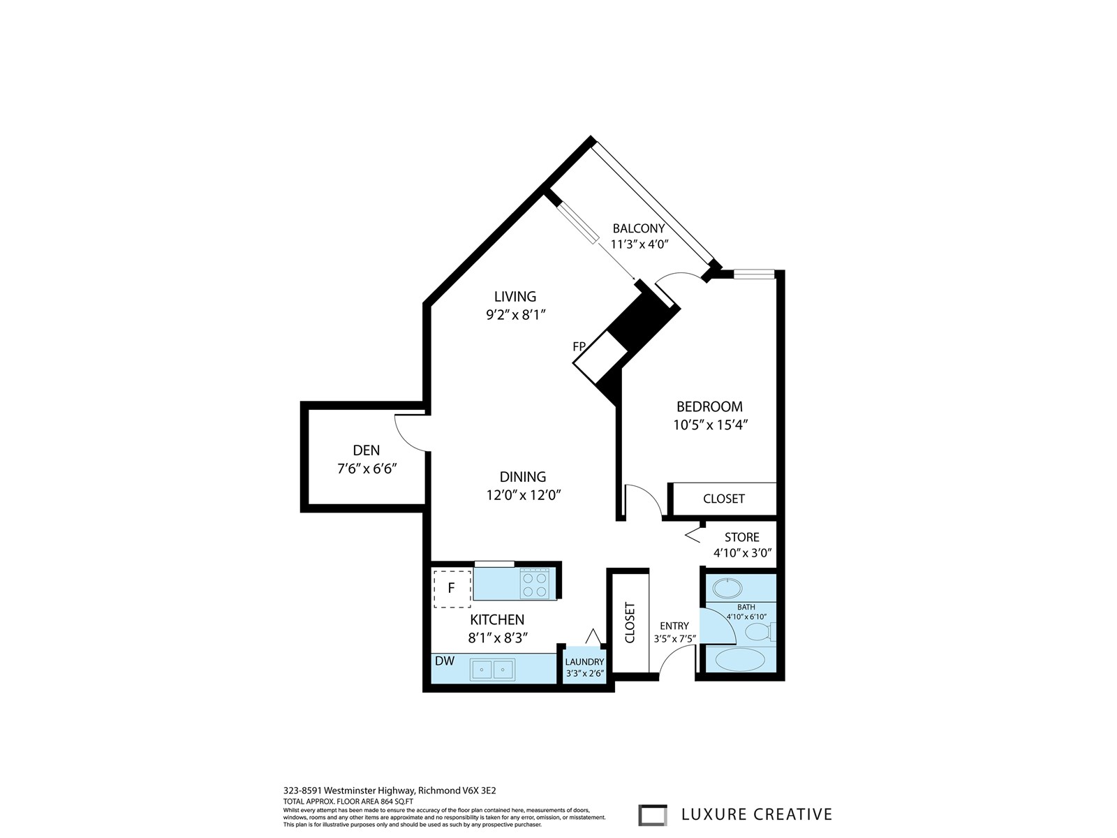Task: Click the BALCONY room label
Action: point(639,228)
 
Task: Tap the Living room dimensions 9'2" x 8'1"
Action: point(515,315)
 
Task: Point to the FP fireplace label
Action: point(579,346)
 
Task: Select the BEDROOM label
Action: point(709,406)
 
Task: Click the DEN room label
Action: point(366,450)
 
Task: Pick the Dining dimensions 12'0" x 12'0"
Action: point(523,495)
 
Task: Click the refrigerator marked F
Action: point(452,589)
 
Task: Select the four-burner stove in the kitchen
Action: point(534,584)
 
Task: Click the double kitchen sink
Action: point(492,669)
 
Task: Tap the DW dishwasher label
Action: point(444,661)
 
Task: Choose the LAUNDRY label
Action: point(584,662)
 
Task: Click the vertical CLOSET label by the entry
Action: point(630,623)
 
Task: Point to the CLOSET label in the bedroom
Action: point(724,499)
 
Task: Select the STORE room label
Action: point(742,537)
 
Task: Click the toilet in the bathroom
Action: point(760,633)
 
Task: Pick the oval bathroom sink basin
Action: point(727,588)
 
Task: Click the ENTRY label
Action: point(674,626)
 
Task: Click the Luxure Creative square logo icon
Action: point(652,814)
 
